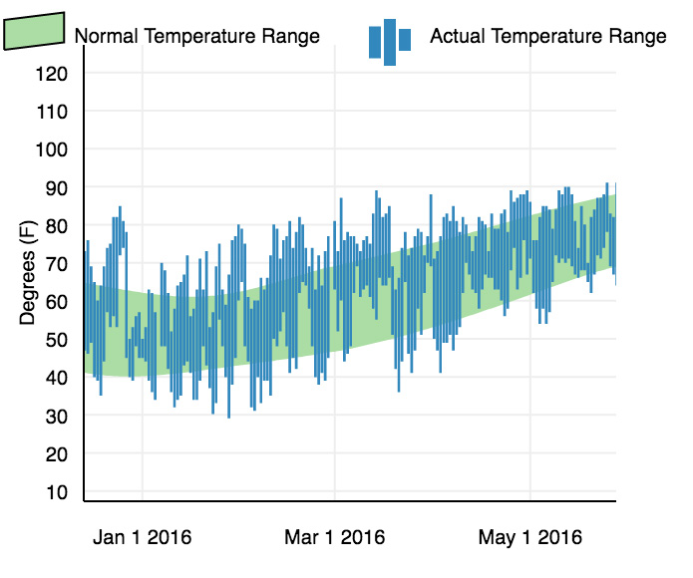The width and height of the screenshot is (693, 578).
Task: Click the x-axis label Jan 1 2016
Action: (142, 538)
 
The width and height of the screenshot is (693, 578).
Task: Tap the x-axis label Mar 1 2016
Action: (335, 538)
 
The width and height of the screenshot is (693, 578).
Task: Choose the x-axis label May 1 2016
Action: (529, 538)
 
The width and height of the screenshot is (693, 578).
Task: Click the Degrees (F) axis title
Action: (28, 273)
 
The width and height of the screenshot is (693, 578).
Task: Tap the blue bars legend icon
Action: (390, 41)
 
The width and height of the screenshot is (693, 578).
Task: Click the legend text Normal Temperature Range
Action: (197, 37)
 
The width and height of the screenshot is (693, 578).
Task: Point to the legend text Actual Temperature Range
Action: (547, 37)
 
